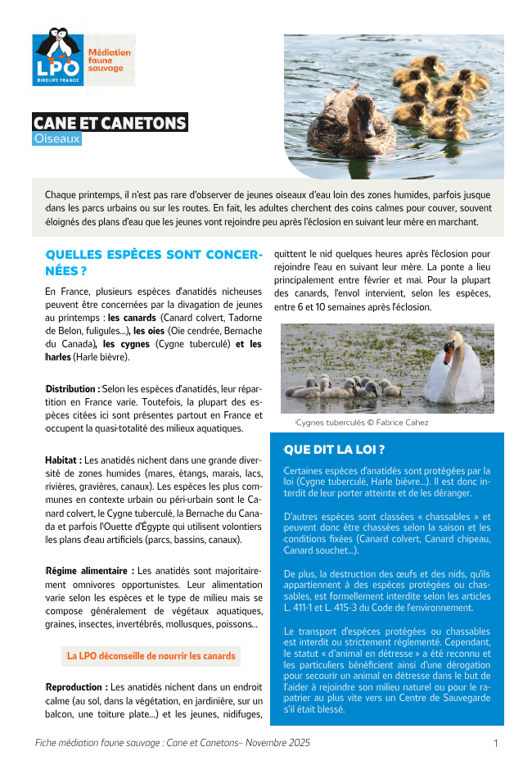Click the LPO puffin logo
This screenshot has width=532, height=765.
(58, 57)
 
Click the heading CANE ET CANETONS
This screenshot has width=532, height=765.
(110, 123)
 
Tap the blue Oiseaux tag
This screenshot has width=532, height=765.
(57, 139)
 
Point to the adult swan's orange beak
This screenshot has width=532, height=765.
(449, 354)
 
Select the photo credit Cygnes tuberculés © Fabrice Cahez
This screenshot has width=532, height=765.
(362, 423)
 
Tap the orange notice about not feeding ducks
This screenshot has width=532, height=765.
(151, 656)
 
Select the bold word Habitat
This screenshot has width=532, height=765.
(63, 461)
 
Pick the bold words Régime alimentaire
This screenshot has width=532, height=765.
(89, 570)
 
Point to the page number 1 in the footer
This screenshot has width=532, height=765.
(496, 744)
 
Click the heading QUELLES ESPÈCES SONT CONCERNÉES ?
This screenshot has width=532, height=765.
(154, 262)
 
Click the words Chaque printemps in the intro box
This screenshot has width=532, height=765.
(82, 195)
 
